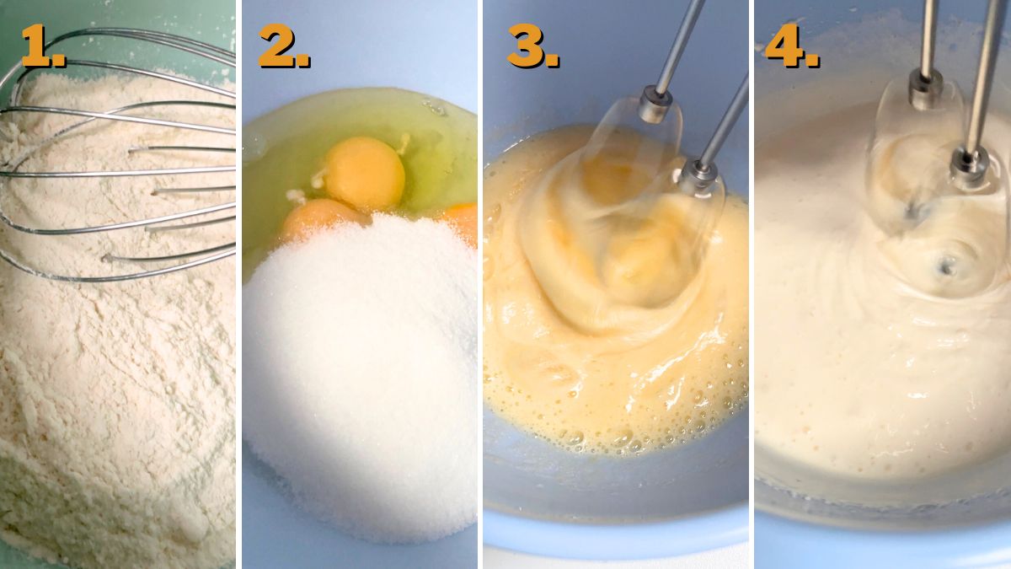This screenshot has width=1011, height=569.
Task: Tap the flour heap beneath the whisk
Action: (x=110, y=405)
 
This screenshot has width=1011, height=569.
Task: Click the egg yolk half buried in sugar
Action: (x=316, y=219)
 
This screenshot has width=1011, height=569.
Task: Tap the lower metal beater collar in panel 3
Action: (x=698, y=175)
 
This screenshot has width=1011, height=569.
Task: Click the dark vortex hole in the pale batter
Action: (x=947, y=267)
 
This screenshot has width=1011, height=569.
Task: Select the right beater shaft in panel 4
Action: (x=984, y=76)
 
